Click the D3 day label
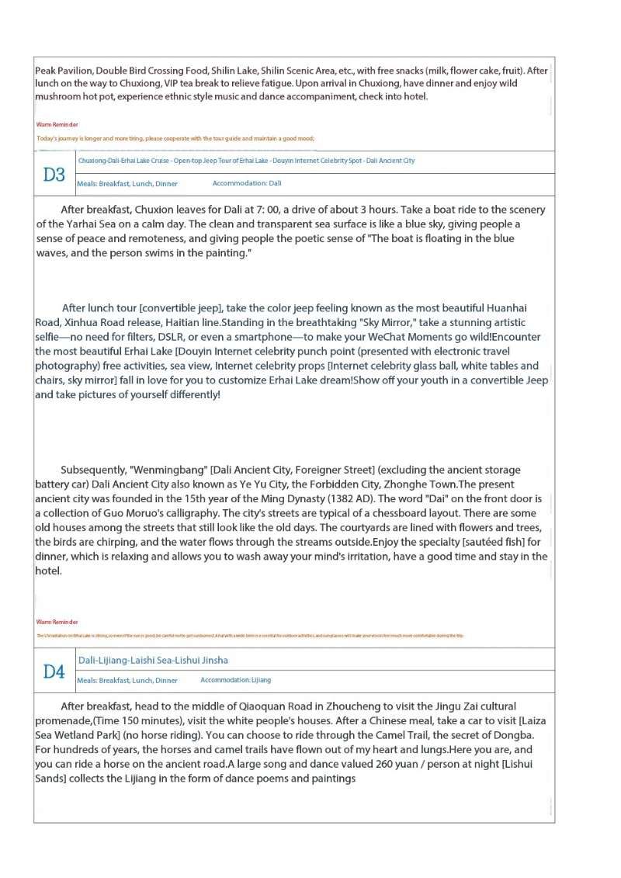pyautogui.click(x=54, y=174)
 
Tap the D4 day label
pyautogui.click(x=54, y=672)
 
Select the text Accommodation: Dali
pyautogui.click(x=247, y=183)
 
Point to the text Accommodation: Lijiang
pyautogui.click(x=236, y=680)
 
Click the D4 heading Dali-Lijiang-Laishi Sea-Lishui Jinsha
pyautogui.click(x=153, y=660)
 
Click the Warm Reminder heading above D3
pyautogui.click(x=57, y=124)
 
